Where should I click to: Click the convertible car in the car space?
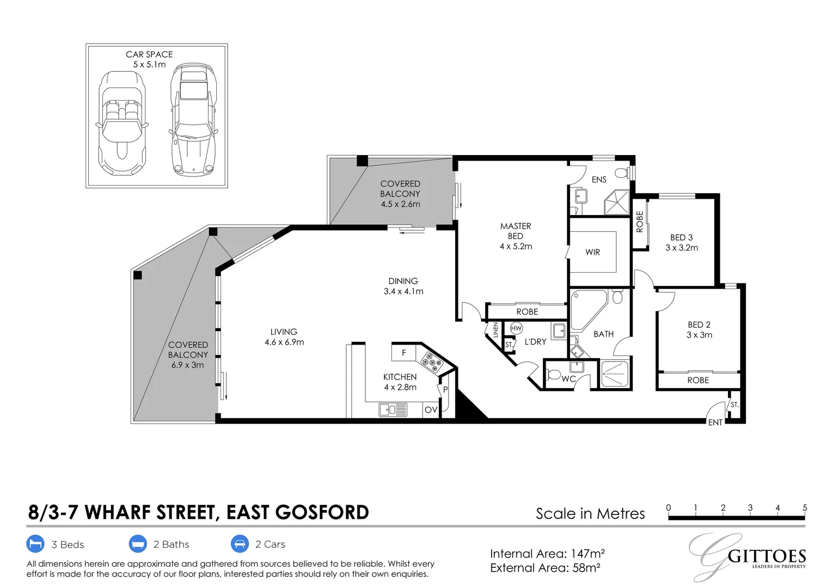tap(122, 124)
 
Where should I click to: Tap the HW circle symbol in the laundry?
tap(516, 328)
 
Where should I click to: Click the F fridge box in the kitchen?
tap(403, 352)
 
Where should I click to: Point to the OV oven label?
tap(431, 410)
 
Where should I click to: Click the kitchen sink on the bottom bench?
tap(393, 410)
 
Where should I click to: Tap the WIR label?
tap(592, 252)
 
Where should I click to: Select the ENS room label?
tap(599, 180)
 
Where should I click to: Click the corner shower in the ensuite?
tap(616, 202)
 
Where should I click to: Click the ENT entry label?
tap(715, 422)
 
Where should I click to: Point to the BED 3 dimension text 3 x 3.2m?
tap(682, 248)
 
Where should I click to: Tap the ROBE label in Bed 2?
tap(698, 380)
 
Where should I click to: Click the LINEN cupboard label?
tap(495, 330)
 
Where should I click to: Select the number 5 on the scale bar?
tap(805, 507)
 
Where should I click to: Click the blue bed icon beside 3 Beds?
tap(35, 544)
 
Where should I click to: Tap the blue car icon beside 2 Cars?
tap(240, 544)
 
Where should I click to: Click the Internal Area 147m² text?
tap(547, 554)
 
